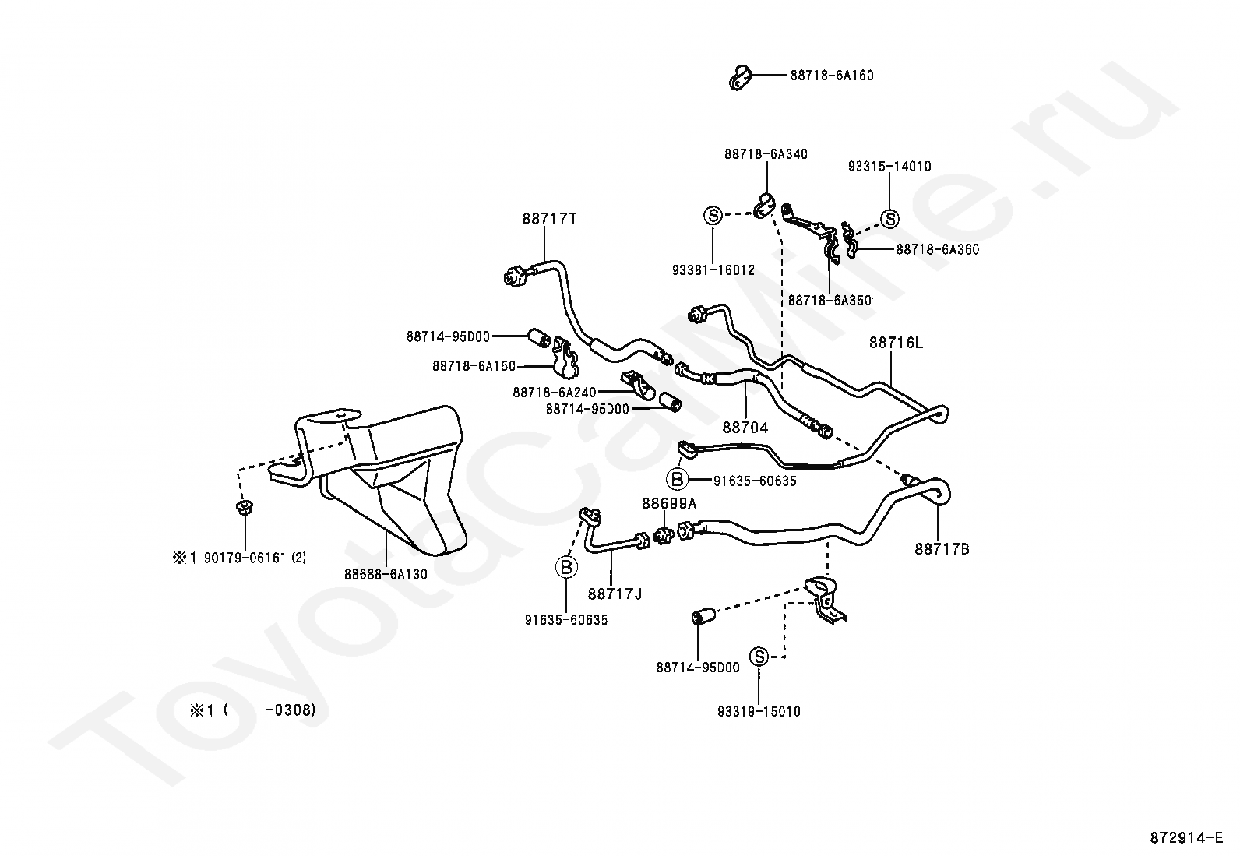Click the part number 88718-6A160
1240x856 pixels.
[831, 76]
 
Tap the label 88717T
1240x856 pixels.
[549, 219]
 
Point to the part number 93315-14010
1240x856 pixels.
[889, 166]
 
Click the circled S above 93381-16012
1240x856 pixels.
[713, 215]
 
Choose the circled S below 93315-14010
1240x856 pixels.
[889, 219]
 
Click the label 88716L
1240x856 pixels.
[896, 343]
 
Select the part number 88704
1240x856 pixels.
[745, 428]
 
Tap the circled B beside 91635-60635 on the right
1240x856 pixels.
[677, 480]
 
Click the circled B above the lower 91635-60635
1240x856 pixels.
[566, 567]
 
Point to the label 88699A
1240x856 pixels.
[669, 503]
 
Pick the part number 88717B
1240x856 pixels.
[942, 549]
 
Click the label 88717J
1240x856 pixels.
[615, 594]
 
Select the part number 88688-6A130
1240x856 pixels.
[386, 574]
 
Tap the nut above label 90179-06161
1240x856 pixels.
[242, 506]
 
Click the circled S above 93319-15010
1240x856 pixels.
[759, 657]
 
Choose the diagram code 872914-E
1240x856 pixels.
[1186, 838]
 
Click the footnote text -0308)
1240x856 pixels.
[290, 710]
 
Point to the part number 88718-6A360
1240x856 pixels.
[938, 250]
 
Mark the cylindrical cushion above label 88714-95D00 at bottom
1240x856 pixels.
[703, 615]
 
